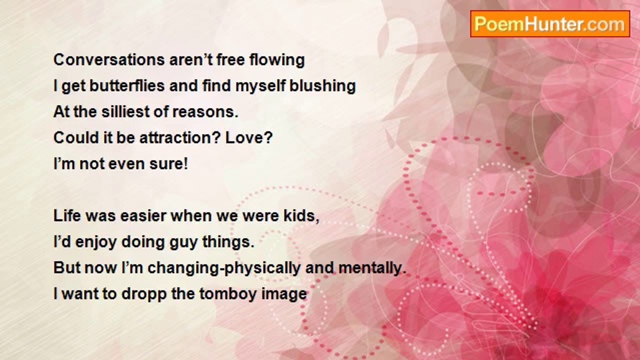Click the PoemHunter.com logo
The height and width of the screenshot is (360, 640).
[550, 24]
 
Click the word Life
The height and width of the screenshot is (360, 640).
[67, 215]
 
